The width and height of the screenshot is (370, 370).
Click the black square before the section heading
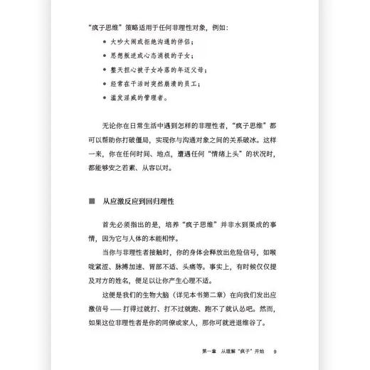(x=92, y=201)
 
